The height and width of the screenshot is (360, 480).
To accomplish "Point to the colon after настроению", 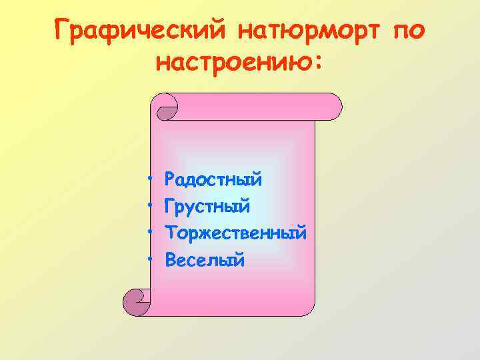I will [x=317, y=65].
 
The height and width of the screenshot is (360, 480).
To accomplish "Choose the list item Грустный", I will [x=207, y=207].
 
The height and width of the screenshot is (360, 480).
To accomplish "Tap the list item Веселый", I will [x=205, y=260].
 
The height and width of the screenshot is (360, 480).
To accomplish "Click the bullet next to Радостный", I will [x=151, y=180].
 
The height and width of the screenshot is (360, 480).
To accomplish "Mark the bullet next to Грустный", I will [x=151, y=207].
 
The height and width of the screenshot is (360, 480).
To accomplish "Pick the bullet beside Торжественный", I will [x=151, y=233].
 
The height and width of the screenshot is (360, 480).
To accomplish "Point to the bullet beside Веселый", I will [x=151, y=259].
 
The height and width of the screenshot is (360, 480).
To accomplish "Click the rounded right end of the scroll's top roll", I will [x=333, y=106].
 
